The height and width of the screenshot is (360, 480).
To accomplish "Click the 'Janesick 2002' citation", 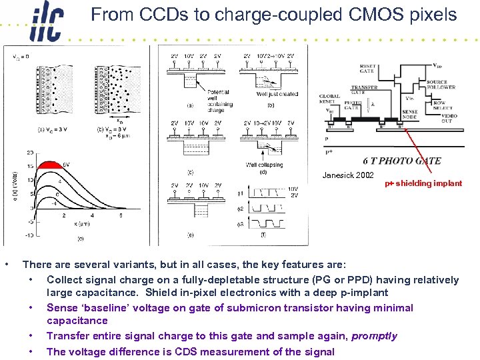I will (348, 175).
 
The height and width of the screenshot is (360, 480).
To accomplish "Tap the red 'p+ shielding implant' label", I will (423, 183).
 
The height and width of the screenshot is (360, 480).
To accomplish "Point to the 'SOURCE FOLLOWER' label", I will (441, 85).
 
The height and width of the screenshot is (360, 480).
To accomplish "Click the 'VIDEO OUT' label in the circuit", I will (445, 119).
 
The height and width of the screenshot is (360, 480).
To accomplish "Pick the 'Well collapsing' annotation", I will (264, 165).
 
